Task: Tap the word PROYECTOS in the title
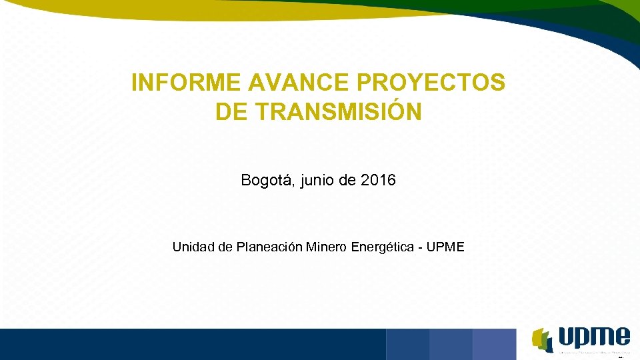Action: [x=432, y=83]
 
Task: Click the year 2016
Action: [x=377, y=180]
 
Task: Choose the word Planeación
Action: [x=270, y=247]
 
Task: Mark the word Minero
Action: [x=327, y=247]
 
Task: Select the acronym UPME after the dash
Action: [x=445, y=247]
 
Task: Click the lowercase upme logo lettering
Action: [x=593, y=336]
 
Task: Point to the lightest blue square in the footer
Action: [x=494, y=344]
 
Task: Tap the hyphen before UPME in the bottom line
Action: [x=419, y=248]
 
